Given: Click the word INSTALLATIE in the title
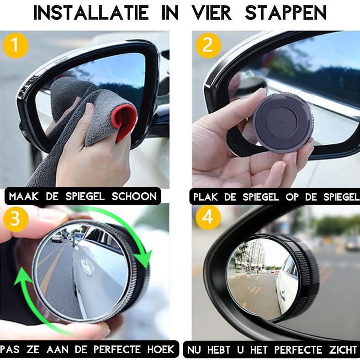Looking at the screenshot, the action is click(x=91, y=13).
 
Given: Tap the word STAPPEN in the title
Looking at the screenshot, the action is click(x=286, y=13).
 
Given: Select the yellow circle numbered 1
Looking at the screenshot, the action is click(x=16, y=45).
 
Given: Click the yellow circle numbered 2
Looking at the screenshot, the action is click(x=208, y=45).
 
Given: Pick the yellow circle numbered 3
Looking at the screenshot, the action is click(x=16, y=219).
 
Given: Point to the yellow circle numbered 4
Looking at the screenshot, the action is click(x=208, y=217).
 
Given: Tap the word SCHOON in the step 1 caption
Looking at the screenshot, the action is click(x=134, y=196).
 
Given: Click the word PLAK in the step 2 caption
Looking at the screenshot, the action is click(x=205, y=197).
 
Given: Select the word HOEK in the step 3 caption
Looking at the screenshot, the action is click(x=161, y=349).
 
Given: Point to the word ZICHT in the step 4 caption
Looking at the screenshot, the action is click(x=343, y=350).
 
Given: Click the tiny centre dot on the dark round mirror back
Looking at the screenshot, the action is click(x=282, y=122).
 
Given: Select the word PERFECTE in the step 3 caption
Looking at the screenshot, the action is click(x=117, y=349).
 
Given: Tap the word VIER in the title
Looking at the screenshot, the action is click(x=212, y=13).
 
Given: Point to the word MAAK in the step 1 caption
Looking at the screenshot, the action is click(x=24, y=196).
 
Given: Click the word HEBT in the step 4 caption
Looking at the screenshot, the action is click(x=218, y=350).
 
